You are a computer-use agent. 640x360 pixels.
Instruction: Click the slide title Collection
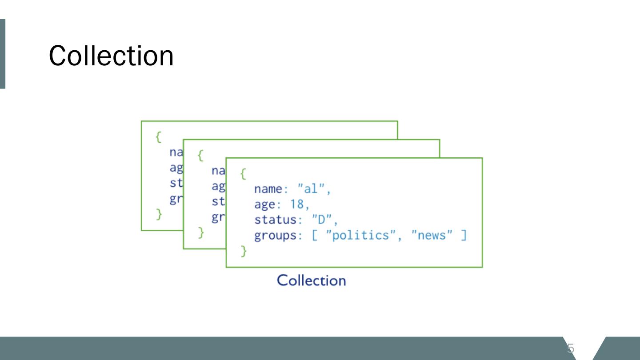pos(111,56)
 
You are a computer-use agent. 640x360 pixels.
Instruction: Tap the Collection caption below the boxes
pos(311,280)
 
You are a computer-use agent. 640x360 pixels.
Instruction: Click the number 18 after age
pos(297,204)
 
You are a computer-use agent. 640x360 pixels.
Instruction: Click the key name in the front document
pos(268,189)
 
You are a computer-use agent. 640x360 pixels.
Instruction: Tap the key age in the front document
pos(264,205)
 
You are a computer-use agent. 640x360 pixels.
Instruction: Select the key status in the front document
pos(275,220)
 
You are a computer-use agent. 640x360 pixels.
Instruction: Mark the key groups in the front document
pos(275,236)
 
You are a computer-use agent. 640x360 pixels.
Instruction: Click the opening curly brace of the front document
pos(243,173)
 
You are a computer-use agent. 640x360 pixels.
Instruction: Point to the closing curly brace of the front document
pos(243,251)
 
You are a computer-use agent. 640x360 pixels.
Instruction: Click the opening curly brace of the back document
pos(158,137)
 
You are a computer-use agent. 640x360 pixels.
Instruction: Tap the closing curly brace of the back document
pos(159,215)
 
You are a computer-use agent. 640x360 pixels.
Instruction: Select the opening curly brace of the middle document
pos(200,155)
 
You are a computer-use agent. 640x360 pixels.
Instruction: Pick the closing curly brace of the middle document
pos(201,232)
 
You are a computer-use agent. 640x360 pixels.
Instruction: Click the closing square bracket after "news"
pos(464,235)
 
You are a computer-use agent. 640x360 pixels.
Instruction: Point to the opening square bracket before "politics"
pos(315,235)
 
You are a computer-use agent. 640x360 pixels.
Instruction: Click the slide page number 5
pos(571,348)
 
